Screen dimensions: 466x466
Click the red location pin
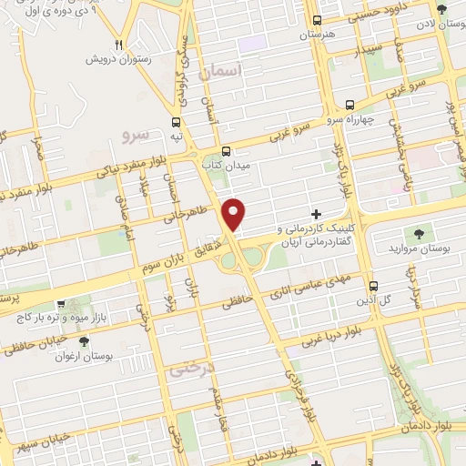point(235,214)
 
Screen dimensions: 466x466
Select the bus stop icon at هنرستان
point(317,20)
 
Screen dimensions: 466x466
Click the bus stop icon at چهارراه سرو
point(350,105)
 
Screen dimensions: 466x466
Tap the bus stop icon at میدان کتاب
point(226,151)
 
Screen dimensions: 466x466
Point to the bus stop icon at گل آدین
point(371,284)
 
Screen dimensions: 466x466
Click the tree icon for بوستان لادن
point(442,10)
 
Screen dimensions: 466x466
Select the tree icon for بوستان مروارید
point(420,233)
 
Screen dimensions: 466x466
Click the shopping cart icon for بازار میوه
point(60,305)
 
